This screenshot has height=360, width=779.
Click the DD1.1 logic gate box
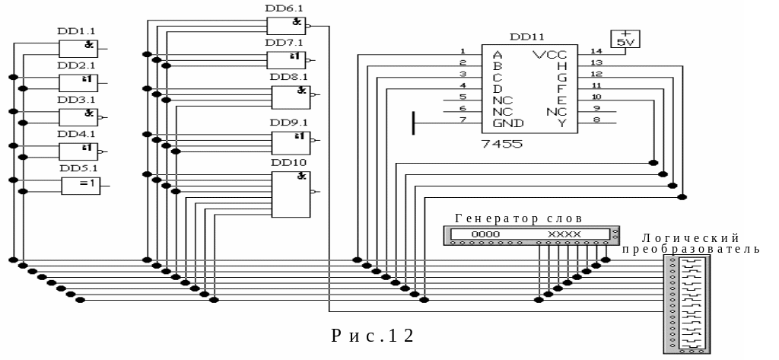[x=78, y=48]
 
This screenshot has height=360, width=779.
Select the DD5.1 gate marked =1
[x=80, y=185]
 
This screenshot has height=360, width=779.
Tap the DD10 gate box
[x=291, y=193]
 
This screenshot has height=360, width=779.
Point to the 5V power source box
[x=625, y=40]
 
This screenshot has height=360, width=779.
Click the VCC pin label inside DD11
[x=549, y=55]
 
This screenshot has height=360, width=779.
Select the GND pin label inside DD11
[x=507, y=123]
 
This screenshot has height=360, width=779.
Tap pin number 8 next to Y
[x=596, y=119]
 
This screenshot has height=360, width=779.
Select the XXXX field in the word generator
[x=564, y=234]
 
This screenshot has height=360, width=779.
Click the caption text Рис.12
[x=373, y=336]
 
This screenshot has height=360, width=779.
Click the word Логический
[x=690, y=239]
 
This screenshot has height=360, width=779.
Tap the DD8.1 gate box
[x=291, y=97]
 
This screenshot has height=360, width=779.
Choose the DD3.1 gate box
[x=78, y=116]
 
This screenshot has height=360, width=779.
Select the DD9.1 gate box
[x=291, y=142]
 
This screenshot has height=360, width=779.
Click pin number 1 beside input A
[x=462, y=51]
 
